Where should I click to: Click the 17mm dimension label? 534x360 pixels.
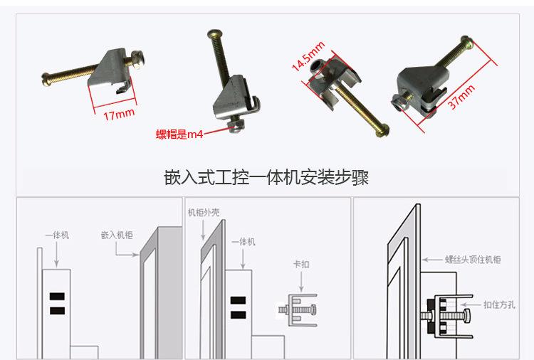tap(119, 115)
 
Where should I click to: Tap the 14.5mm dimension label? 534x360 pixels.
tap(308, 56)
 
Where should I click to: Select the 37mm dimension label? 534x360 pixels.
tap(462, 97)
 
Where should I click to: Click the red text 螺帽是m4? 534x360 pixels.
tap(179, 134)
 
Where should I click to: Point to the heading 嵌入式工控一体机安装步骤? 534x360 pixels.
tap(266, 177)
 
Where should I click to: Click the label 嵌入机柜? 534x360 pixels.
tap(117, 235)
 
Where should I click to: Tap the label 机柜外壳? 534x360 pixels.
tap(204, 213)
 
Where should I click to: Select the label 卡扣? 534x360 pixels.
tap(301, 264)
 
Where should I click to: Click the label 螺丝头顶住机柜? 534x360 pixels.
tap(473, 260)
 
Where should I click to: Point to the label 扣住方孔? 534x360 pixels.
tap(499, 305)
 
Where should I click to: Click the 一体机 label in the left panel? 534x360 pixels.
tap(57, 235)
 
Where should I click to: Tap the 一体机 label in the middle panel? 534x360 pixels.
tap(244, 242)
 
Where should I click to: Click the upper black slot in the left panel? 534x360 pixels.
tap(57, 297)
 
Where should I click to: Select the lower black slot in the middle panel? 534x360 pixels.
tap(238, 314)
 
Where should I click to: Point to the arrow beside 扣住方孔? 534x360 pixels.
tap(471, 305)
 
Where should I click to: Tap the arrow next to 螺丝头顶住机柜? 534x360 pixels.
tap(432, 260)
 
